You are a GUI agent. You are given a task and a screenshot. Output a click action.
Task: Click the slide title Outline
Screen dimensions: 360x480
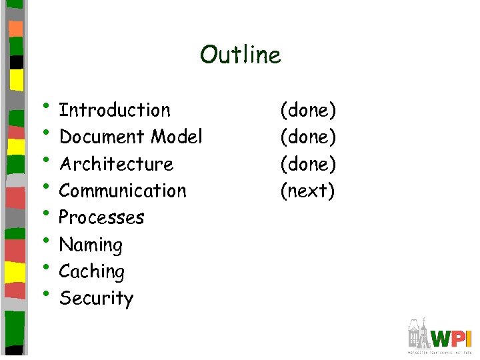coord(240,55)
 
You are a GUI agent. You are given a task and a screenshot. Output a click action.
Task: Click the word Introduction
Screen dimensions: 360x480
coord(115,110)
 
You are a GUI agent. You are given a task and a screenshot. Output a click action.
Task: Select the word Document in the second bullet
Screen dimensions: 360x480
coord(103,137)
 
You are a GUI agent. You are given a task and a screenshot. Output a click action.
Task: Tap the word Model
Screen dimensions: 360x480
coord(177,137)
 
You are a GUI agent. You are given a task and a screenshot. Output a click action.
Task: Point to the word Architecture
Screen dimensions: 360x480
coord(116,164)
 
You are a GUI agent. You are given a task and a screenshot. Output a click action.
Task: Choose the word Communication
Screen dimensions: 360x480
coord(123,191)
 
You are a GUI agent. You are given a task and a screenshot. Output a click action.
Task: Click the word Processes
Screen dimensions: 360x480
coord(101,218)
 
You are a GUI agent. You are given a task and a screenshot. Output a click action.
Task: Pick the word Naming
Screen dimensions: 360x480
coord(91,245)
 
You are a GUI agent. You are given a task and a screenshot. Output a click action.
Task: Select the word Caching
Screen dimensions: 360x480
coord(91,272)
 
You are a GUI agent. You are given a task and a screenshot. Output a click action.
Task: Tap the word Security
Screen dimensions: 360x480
coord(96,299)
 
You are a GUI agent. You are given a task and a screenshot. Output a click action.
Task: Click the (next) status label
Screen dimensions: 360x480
coord(307,191)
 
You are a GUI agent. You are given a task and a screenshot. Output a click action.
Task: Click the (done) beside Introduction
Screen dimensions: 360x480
coord(308,110)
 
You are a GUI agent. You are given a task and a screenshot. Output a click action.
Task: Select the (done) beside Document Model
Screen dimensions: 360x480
coord(308,137)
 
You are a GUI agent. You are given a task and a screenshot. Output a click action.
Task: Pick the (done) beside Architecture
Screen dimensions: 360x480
coord(308,164)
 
